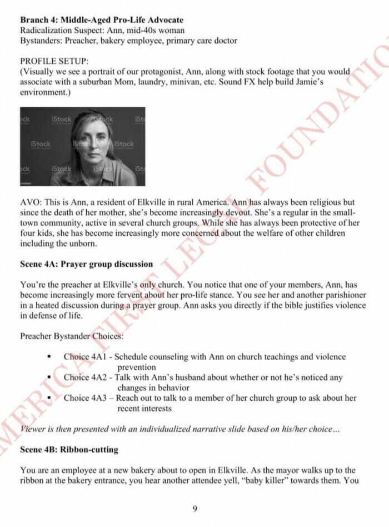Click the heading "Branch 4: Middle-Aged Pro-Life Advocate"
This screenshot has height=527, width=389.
102,20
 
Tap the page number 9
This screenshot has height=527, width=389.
194,508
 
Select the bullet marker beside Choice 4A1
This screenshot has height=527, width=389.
49,357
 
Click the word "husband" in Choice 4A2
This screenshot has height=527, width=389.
211,377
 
